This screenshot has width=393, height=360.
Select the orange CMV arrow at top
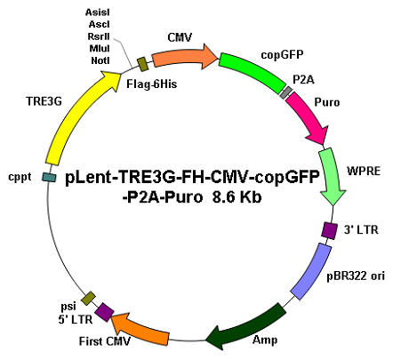pos(184,56)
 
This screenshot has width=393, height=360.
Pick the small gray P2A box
pos(286,92)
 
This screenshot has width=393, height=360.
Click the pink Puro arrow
pos(309,117)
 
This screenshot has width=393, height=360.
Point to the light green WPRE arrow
pos(332,176)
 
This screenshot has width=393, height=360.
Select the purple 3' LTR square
pos(329,230)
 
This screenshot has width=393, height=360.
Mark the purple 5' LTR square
pos(104,312)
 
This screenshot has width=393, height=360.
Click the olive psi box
pos(89,299)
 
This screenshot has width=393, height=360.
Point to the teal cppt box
pos(49,177)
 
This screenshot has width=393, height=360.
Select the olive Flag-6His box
pos(143,64)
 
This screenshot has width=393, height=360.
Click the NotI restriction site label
pos(100,60)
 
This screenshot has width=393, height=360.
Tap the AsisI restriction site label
pos(98,12)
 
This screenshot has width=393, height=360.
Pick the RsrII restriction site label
pos(99,36)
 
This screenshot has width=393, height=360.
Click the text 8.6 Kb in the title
pos(237,197)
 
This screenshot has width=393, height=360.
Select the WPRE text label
pos(364,171)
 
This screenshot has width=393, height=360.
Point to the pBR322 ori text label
pos(356,276)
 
